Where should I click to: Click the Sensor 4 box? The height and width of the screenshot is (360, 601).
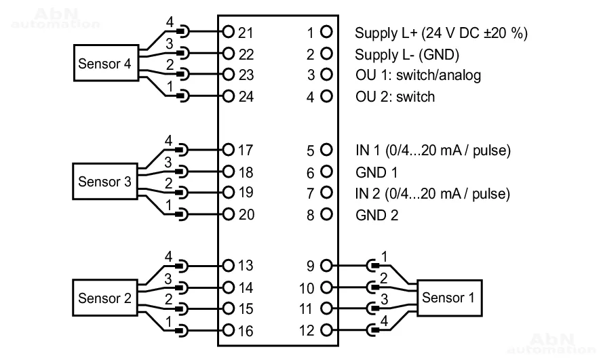(x=104, y=64)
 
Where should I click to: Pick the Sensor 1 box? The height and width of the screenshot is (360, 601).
(x=448, y=297)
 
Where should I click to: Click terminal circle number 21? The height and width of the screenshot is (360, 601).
(x=228, y=32)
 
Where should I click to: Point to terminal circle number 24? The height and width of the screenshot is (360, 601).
(x=228, y=96)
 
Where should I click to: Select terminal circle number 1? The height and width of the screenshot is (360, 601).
(x=326, y=32)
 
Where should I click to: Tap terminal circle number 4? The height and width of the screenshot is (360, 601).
(x=326, y=96)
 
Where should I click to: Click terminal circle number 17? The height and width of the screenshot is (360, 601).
(x=228, y=149)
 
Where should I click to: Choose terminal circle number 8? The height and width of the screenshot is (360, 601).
(x=326, y=214)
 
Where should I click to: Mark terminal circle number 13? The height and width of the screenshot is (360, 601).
(x=228, y=266)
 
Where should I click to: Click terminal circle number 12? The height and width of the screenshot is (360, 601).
(x=326, y=331)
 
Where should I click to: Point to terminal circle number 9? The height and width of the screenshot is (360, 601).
(x=326, y=266)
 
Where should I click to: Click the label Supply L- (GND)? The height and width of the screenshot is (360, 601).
(x=407, y=54)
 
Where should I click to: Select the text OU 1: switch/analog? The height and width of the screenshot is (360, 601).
(x=418, y=75)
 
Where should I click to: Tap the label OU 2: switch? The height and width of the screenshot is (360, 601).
(x=395, y=96)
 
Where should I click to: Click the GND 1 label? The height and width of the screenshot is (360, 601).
(x=376, y=172)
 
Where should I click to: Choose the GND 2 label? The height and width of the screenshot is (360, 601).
(x=376, y=215)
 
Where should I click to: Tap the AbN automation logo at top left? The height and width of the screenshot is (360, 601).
(x=56, y=18)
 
